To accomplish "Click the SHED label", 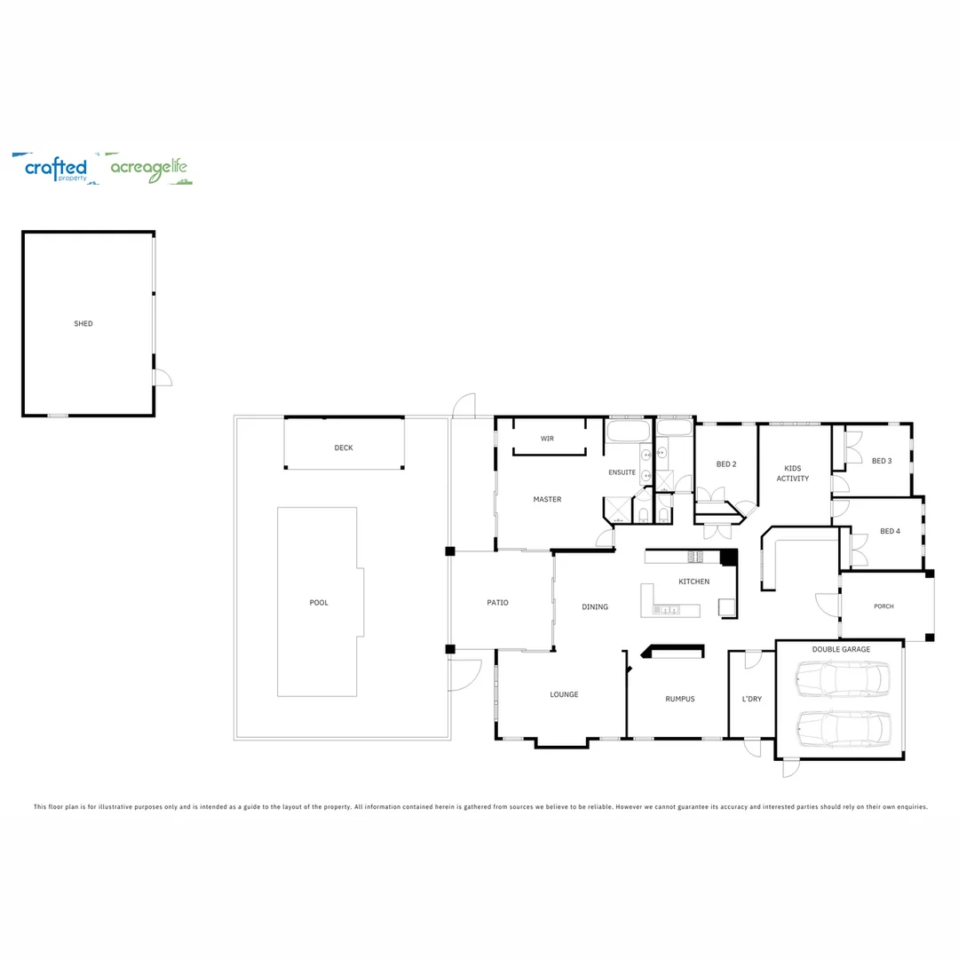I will point(83,324).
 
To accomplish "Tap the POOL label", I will point(319,603).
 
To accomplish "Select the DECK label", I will point(344,448).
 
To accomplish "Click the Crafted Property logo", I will point(55,168).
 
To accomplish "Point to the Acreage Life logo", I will point(148,168).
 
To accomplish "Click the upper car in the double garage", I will point(842,681).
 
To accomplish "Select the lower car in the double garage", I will point(842,728).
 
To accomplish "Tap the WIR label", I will point(547,439).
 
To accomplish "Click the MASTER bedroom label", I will point(547,500).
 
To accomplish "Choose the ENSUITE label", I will point(622,472).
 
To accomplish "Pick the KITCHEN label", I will point(693,582).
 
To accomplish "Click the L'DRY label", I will point(751,699).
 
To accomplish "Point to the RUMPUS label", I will point(679,699).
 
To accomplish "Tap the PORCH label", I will point(884,606).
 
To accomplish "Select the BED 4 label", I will point(890,531).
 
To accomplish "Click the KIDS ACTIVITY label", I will point(792,473).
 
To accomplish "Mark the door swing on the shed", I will point(162,378).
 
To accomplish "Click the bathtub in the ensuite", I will point(629,432).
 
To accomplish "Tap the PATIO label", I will point(497,603).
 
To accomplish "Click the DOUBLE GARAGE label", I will point(841,649).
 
